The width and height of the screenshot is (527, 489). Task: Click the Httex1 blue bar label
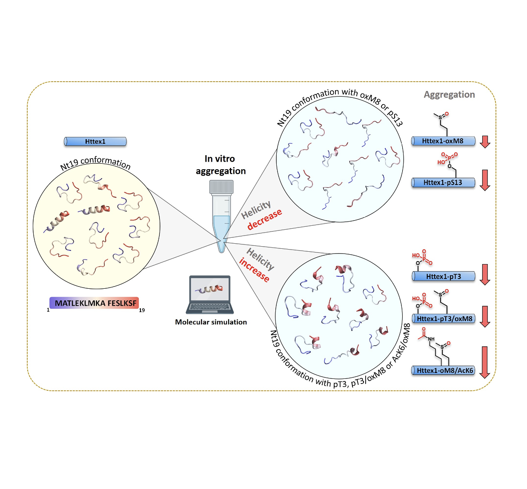click(x=95, y=142)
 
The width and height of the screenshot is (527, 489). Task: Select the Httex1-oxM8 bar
click(x=443, y=141)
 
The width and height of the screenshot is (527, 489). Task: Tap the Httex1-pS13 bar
click(x=443, y=183)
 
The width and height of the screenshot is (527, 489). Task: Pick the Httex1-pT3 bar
click(x=444, y=276)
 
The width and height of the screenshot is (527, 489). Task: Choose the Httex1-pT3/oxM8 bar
click(x=444, y=318)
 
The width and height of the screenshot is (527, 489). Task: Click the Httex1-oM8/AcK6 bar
click(x=444, y=370)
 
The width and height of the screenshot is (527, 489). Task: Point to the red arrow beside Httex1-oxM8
click(x=485, y=142)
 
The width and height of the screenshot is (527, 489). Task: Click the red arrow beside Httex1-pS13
click(x=485, y=180)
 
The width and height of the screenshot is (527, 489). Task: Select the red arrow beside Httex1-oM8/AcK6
click(x=485, y=362)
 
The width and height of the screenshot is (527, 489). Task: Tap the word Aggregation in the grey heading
click(x=449, y=95)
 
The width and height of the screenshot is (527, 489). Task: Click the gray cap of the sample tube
click(x=221, y=187)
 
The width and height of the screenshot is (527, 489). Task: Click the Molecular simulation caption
click(x=211, y=322)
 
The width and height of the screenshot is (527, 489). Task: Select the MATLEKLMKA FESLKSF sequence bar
click(x=95, y=303)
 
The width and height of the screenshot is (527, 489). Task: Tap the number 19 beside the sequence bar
click(x=142, y=310)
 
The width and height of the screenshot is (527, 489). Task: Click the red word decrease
click(x=264, y=219)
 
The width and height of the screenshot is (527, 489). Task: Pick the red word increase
click(x=255, y=270)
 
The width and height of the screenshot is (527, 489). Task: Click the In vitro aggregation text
click(x=220, y=165)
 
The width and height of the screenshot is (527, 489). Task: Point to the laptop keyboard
click(x=209, y=307)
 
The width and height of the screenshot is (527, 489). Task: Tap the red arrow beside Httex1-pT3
click(x=485, y=274)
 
